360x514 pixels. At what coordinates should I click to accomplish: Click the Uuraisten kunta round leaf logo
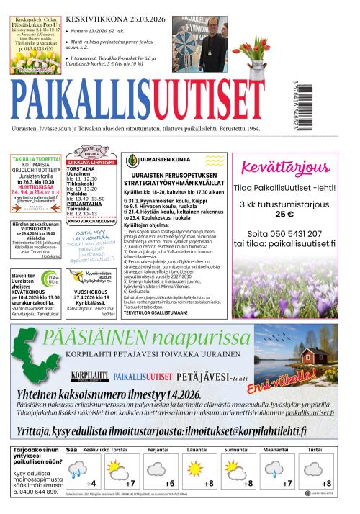[132, 161]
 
